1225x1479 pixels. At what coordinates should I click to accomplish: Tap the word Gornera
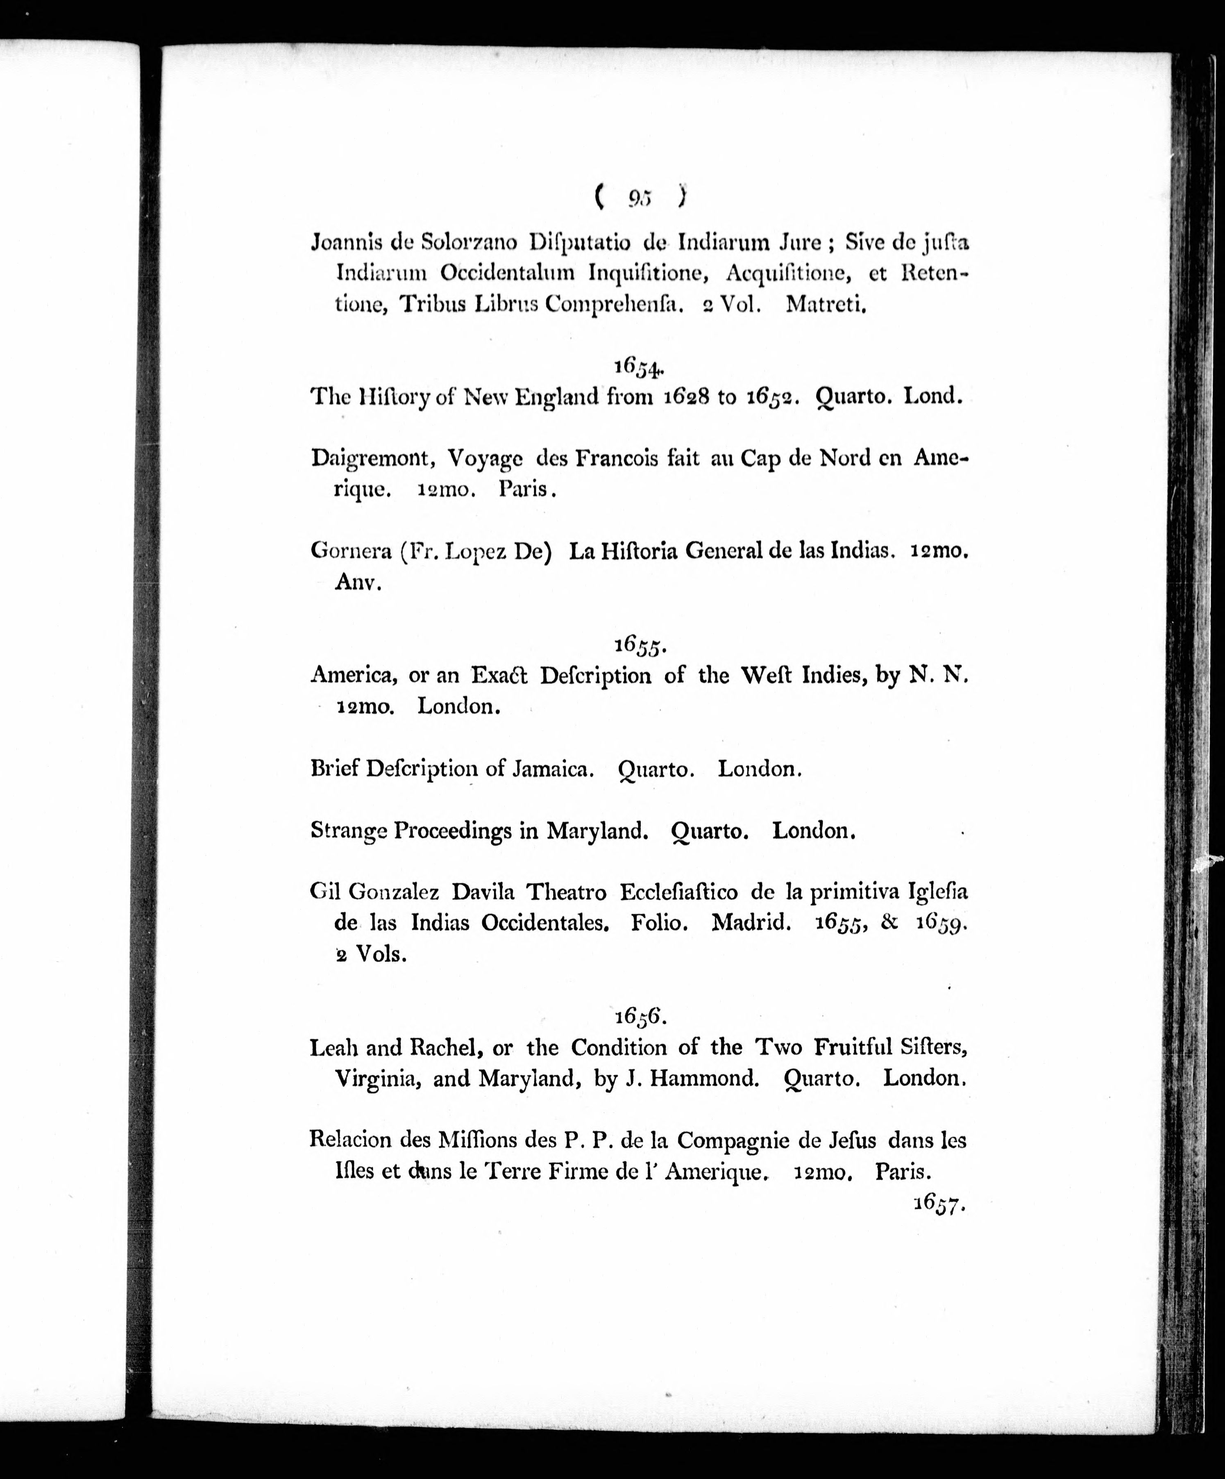(351, 551)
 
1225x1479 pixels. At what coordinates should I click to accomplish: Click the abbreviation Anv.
(358, 582)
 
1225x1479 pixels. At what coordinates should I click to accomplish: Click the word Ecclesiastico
(679, 892)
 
